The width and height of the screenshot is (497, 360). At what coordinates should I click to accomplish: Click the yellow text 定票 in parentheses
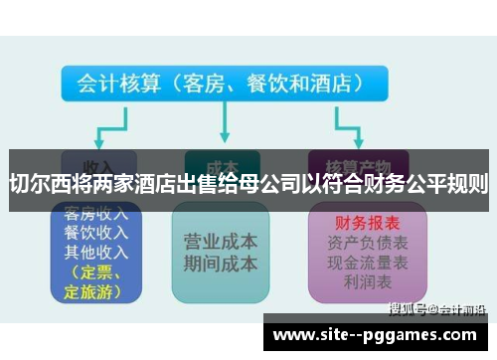(x=99, y=272)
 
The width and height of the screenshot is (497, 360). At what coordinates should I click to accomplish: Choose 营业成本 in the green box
(x=221, y=242)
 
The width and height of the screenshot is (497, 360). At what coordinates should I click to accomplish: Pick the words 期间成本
(x=221, y=265)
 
